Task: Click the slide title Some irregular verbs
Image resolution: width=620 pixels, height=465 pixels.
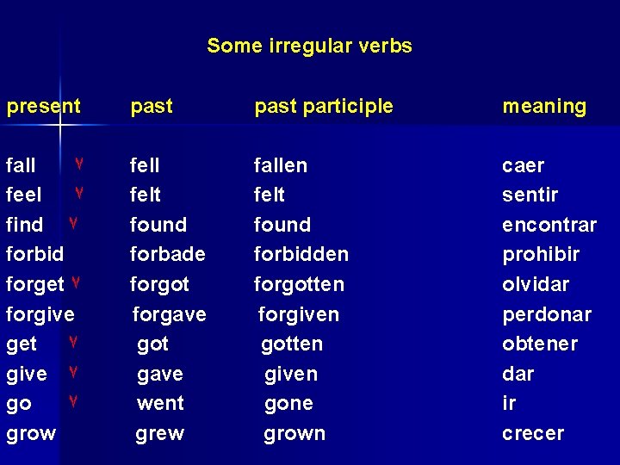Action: coord(309,46)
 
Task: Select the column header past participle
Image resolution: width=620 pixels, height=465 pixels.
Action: coord(323,107)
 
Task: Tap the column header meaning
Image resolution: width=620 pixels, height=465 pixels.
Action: coord(544,107)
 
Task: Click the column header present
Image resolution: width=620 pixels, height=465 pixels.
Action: coord(43,107)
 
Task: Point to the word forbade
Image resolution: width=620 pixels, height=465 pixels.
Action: coord(167,255)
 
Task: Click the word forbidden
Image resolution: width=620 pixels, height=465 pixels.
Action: coord(301,255)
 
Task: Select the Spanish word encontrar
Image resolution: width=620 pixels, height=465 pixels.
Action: coord(549,226)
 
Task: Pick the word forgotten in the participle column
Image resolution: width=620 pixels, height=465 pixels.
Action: coord(299,284)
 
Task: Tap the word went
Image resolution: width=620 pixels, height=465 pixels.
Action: coord(160,404)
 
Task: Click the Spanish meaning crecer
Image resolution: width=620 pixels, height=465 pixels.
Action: coord(533,434)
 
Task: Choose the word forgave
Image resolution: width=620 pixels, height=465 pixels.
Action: coord(169,315)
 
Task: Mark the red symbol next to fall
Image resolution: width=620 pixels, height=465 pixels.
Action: coord(78,164)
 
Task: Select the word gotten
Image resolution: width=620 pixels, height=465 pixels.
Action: coord(292,344)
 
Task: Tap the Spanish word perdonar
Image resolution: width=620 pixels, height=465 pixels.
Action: coord(547,315)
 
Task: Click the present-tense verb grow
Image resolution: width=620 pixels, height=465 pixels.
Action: coord(31,434)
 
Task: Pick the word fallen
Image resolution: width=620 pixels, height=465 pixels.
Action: coord(280,165)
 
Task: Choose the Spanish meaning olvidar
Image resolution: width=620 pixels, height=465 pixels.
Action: coord(536,284)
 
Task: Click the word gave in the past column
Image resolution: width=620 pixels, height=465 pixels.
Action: coord(160,375)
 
